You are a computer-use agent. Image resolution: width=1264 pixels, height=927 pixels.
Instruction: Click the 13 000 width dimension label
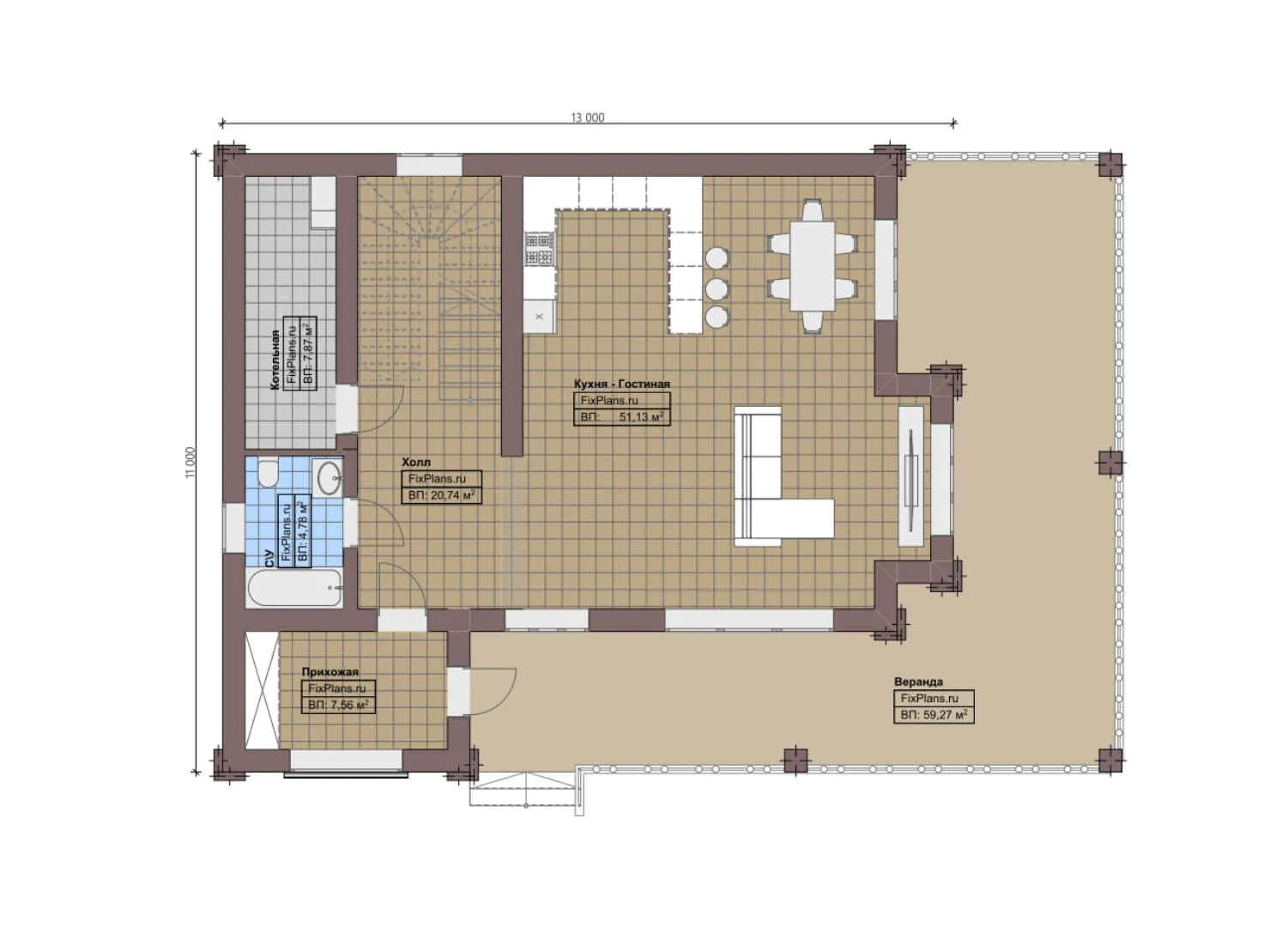(588, 118)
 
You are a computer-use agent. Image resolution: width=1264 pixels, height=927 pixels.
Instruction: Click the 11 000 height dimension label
(191, 463)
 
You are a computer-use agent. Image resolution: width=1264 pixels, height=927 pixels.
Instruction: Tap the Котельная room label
(275, 360)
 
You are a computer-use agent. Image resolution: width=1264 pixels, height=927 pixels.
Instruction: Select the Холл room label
(416, 462)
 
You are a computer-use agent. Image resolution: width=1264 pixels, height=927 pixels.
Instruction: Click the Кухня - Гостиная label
(622, 384)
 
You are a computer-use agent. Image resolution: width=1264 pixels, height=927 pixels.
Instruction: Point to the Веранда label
(918, 682)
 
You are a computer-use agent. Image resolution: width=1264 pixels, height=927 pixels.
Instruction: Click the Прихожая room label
(330, 671)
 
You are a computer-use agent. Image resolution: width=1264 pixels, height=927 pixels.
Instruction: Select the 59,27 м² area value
(943, 714)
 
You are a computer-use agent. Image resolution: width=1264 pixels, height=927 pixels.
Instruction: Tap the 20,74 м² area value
(451, 495)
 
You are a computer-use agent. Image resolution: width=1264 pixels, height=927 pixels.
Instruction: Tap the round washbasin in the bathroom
(328, 477)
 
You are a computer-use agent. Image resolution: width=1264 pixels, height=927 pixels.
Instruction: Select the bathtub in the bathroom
(294, 588)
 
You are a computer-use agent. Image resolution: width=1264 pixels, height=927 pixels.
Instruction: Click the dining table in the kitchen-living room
(812, 265)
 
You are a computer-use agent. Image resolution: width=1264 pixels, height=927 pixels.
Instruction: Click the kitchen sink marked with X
(540, 316)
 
